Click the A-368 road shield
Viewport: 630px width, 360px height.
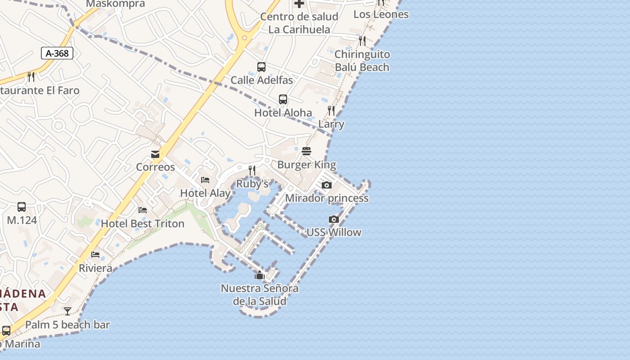click(x=57, y=54)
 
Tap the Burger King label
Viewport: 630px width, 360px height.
click(x=306, y=165)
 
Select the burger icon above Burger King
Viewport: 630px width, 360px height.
click(x=306, y=151)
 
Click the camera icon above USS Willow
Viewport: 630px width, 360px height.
click(x=334, y=219)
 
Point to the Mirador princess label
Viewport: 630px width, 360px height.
click(x=327, y=198)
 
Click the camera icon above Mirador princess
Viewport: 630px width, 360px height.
click(x=327, y=185)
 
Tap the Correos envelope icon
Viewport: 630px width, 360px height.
click(x=155, y=154)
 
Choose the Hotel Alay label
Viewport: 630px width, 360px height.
click(x=205, y=193)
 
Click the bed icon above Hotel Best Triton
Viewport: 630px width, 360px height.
click(x=143, y=210)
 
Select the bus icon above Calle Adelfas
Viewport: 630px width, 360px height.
click(x=261, y=67)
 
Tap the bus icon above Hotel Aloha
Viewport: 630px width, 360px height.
click(x=283, y=99)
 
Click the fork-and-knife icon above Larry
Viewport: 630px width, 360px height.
click(x=331, y=111)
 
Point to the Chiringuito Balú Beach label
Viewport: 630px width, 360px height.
click(x=362, y=61)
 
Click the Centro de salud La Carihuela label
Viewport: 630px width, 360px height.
click(x=299, y=23)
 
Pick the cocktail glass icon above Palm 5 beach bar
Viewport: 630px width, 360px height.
click(x=67, y=311)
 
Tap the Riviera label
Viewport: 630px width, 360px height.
click(x=95, y=269)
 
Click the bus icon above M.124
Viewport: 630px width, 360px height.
click(x=22, y=207)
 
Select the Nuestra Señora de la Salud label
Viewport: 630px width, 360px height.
click(x=260, y=295)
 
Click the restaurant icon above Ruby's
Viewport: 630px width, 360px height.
click(x=252, y=171)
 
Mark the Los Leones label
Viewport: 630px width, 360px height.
click(x=381, y=14)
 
